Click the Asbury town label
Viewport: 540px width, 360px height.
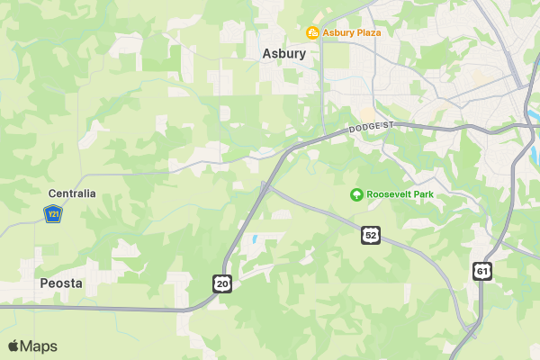(283, 53)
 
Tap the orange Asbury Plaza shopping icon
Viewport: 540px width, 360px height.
(312, 33)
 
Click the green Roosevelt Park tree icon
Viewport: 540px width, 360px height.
(356, 194)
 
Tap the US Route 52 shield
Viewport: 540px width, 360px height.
(371, 235)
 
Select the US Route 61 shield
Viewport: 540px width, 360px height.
(483, 270)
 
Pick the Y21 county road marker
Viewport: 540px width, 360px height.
(52, 214)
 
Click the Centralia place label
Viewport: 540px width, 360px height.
(72, 193)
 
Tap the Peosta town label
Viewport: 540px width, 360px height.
(61, 283)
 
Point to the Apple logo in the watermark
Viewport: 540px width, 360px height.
(13, 346)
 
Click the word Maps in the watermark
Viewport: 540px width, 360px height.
(39, 346)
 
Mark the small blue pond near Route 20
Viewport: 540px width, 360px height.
(255, 240)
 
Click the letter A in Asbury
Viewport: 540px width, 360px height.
(266, 53)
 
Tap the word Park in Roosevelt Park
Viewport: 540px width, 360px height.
(420, 194)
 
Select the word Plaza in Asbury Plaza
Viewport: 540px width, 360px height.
(365, 33)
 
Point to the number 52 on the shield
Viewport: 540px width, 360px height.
(371, 235)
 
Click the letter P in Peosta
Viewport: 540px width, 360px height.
(44, 283)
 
